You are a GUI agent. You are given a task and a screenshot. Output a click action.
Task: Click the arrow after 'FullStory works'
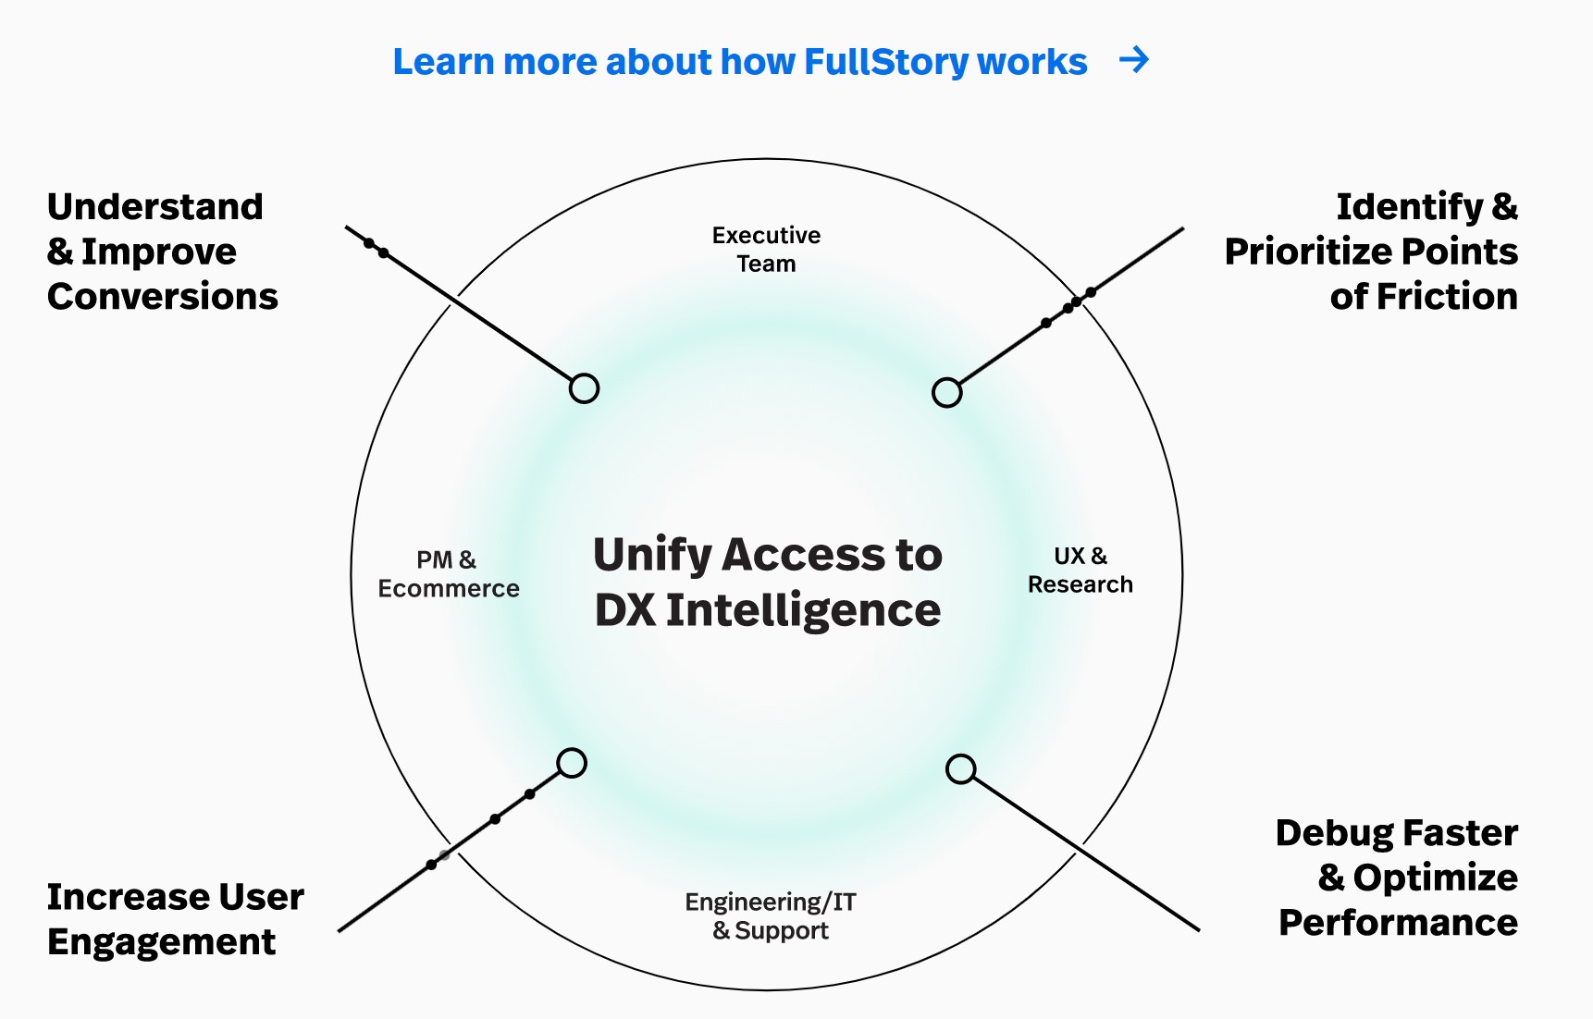(x=1134, y=60)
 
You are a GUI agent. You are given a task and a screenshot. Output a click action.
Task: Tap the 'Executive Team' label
(x=766, y=250)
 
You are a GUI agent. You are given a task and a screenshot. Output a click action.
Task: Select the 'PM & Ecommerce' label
(x=448, y=574)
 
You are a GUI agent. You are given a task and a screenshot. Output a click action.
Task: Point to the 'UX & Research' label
(x=1080, y=571)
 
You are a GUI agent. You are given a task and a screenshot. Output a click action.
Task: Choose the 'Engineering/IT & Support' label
(x=770, y=915)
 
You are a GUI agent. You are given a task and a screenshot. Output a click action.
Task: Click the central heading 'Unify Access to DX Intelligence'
(x=767, y=583)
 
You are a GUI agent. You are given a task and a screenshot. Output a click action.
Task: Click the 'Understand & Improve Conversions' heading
(x=163, y=252)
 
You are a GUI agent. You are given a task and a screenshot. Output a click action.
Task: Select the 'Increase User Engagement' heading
(x=175, y=919)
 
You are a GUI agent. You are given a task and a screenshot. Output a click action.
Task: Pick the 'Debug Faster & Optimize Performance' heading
(x=1397, y=878)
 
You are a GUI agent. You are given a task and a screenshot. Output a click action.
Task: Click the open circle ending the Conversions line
(x=584, y=388)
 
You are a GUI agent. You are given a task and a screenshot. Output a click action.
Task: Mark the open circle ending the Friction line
(x=946, y=393)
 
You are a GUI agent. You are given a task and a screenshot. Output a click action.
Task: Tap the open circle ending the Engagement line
(x=572, y=763)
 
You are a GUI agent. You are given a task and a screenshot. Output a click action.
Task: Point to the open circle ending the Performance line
(x=961, y=768)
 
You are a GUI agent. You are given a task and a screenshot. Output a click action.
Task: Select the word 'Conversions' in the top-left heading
(x=163, y=297)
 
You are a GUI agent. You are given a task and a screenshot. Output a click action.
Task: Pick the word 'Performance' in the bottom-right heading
(x=1398, y=923)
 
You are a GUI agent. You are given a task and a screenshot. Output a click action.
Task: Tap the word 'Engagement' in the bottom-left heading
(x=161, y=942)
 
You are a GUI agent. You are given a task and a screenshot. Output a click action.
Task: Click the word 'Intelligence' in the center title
(x=803, y=611)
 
